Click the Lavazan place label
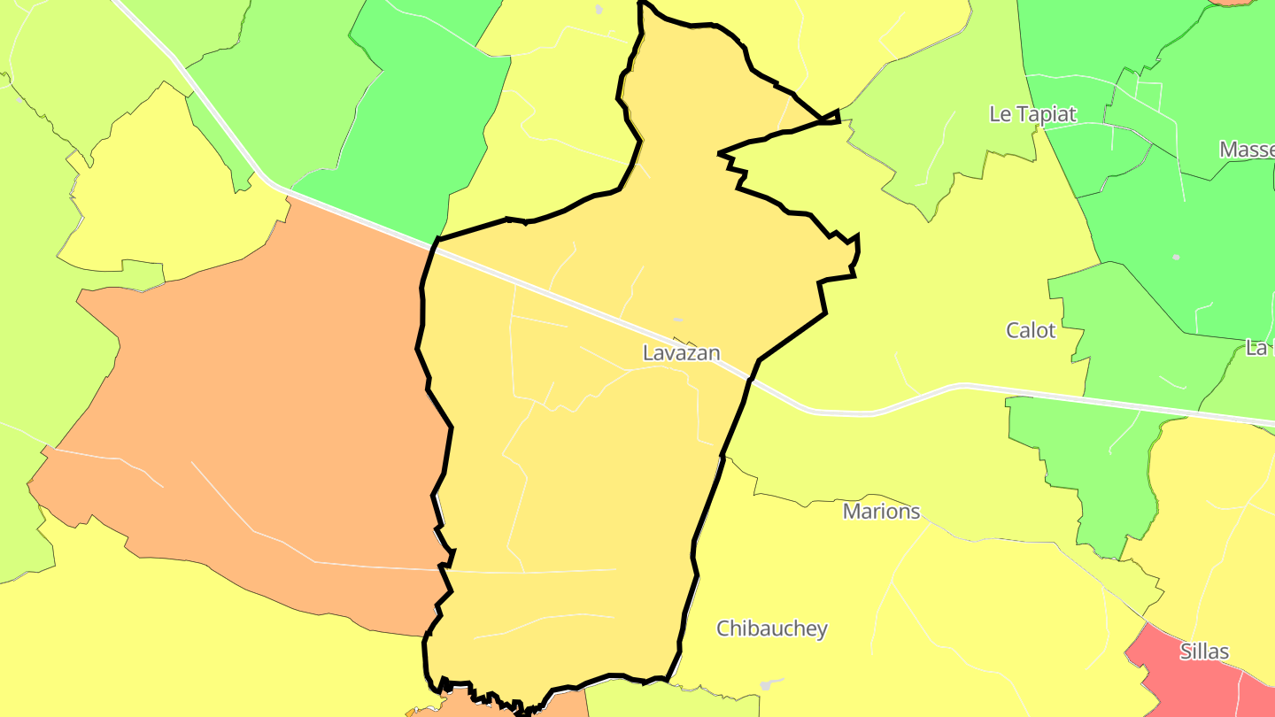[x=681, y=353]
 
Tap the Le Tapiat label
[x=1032, y=114]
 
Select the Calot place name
[x=1031, y=331]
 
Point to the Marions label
[x=881, y=512]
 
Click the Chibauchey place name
[x=771, y=629]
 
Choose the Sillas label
[x=1204, y=652]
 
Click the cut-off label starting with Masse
[x=1247, y=150]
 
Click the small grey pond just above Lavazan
[x=677, y=320]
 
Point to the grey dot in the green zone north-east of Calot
[x=1176, y=258]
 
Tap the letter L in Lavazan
[x=648, y=353]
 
